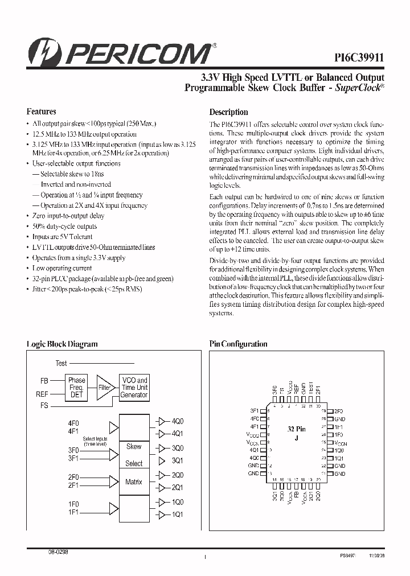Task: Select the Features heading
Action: point(42,112)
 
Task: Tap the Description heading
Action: point(228,112)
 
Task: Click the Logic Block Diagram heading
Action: point(62,344)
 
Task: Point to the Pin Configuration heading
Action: point(238,344)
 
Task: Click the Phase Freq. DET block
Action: point(76,388)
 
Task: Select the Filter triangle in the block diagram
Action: point(104,387)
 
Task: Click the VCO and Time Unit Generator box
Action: point(134,388)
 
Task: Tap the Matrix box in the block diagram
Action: point(134,482)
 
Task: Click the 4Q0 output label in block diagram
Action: point(178,422)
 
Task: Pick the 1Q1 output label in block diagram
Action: point(178,515)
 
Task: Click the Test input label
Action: point(61,363)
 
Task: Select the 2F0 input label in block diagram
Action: point(73,476)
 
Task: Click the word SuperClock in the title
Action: point(362,88)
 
